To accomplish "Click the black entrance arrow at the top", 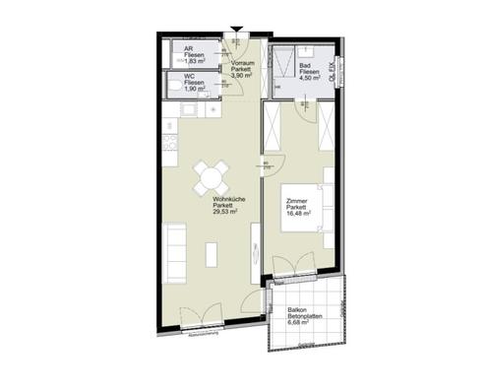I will [235, 30].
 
